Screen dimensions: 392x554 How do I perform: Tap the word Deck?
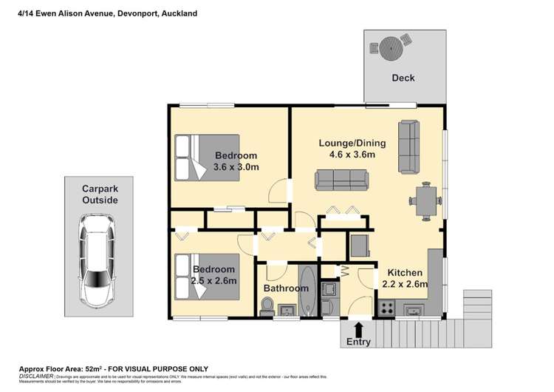[x=403, y=78]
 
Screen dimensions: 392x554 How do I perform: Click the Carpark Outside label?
[x=100, y=194]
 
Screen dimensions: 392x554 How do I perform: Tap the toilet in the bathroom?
[x=267, y=305]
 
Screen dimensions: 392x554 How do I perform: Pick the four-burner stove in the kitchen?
[x=385, y=307]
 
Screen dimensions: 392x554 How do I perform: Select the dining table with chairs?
[x=426, y=200]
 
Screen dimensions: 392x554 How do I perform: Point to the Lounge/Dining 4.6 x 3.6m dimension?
[x=347, y=149]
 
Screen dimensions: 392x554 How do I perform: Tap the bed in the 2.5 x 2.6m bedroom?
[x=206, y=276]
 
